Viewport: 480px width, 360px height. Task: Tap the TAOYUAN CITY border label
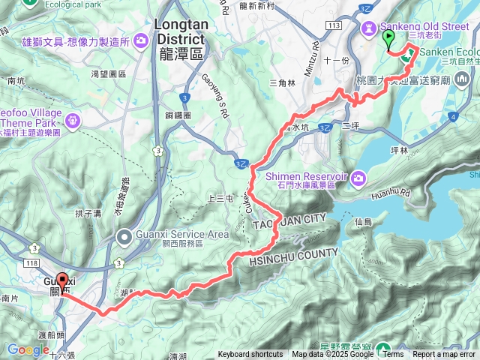coord(289,218)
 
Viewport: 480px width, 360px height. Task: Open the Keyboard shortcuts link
coord(251,355)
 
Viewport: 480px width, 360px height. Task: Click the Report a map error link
coord(445,355)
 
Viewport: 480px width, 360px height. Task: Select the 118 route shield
coord(31,264)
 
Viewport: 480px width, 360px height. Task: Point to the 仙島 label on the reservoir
coord(364,221)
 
